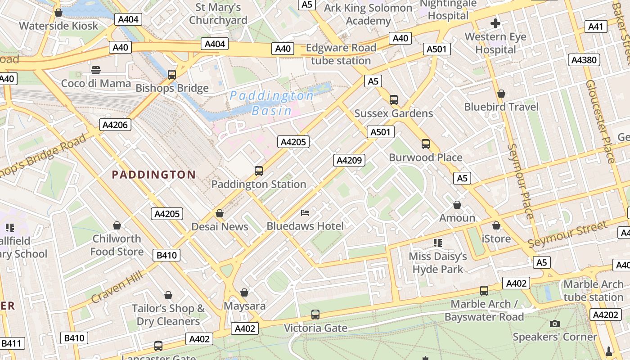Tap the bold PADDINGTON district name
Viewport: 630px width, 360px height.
coord(153,175)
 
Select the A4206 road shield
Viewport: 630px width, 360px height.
coord(115,125)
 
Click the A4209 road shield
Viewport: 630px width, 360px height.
coord(349,160)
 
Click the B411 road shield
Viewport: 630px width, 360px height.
coord(11,344)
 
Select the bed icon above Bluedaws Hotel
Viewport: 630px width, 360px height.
coord(305,212)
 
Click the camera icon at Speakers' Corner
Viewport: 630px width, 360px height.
coord(555,324)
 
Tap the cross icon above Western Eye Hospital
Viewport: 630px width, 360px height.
coord(495,23)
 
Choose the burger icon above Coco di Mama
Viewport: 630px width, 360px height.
coord(95,70)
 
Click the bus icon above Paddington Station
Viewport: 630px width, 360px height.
coord(258,171)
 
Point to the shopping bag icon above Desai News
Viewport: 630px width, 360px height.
coord(220,213)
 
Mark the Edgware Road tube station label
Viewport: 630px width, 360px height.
coord(341,54)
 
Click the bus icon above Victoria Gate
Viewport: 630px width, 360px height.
coord(315,315)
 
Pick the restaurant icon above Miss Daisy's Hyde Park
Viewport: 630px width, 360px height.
coord(437,243)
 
